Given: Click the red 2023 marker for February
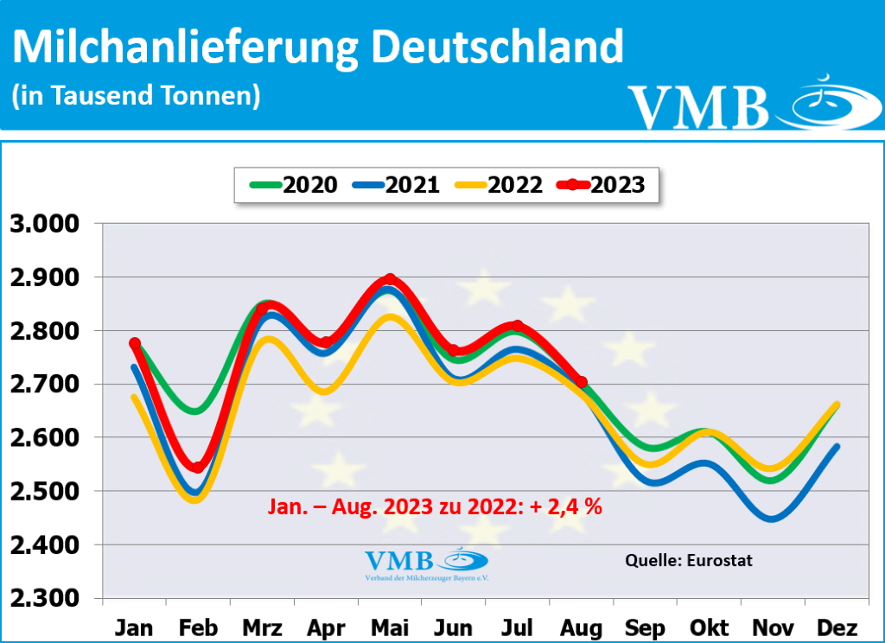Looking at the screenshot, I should point(198,468).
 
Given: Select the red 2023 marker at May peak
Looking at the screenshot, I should point(390,279).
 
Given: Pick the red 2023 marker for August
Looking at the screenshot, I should point(581,382).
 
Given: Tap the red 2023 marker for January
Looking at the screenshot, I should point(135,344).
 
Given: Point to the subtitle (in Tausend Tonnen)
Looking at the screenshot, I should point(136,95).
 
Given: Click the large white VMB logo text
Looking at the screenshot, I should point(698,107).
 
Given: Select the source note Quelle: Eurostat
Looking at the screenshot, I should point(688,560).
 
